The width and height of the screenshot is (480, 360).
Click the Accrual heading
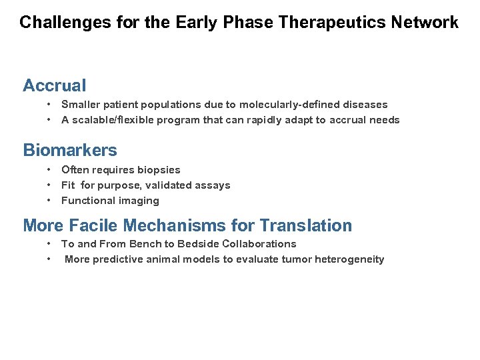[x=55, y=85]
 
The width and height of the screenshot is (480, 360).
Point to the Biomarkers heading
[x=70, y=150]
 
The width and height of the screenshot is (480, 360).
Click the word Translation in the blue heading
[x=306, y=225]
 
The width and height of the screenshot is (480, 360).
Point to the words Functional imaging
[x=110, y=201]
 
